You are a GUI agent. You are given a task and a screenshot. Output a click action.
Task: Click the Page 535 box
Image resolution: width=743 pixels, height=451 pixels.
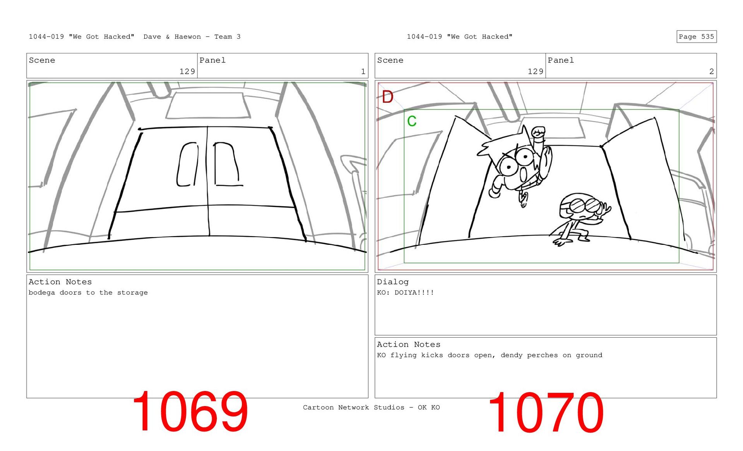pos(696,36)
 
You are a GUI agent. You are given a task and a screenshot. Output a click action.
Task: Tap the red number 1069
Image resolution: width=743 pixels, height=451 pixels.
pos(190,411)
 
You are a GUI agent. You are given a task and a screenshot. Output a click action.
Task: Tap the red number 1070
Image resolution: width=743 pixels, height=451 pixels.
pos(546,412)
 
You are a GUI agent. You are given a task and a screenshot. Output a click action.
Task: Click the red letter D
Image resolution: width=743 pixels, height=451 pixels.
pos(387,97)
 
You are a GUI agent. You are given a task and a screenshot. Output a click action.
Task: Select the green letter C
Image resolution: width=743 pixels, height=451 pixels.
pos(412,121)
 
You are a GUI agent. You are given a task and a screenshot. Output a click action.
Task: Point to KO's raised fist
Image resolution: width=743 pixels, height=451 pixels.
pos(538,132)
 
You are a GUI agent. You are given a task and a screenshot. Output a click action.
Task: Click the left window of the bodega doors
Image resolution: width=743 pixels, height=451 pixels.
pos(187,164)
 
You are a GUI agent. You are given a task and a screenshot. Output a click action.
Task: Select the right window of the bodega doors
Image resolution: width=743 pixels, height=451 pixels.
pos(227,164)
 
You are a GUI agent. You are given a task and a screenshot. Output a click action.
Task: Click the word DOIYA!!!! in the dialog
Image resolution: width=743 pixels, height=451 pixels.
pos(414,292)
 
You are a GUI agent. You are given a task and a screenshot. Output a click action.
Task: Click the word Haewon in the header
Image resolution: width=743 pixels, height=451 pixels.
pos(188,36)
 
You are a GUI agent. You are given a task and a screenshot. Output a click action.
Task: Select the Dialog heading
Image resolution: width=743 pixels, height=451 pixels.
pos(393,282)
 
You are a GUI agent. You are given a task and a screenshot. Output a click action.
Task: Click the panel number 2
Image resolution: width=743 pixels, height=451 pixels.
pos(711,72)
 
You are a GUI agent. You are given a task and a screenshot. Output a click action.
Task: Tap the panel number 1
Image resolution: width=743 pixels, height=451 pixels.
pos(363,72)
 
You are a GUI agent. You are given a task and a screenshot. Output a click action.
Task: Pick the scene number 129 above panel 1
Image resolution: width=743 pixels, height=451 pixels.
pos(187,72)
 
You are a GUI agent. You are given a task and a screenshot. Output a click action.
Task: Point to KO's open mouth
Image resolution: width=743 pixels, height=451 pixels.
pos(523,174)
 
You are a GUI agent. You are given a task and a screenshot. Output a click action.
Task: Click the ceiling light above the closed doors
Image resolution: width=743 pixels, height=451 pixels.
pos(208,105)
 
